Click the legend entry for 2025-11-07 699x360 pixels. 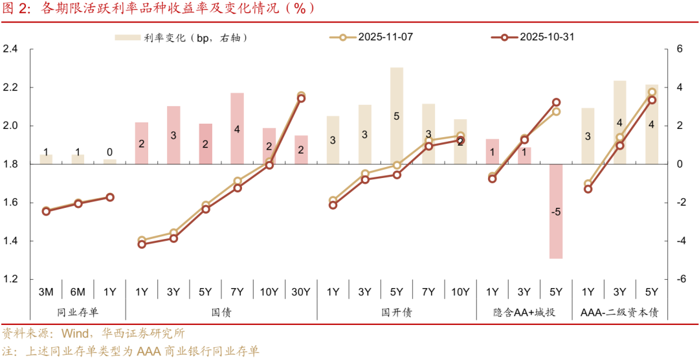(371, 37)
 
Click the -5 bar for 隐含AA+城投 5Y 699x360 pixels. (555, 212)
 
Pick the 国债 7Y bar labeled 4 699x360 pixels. (238, 128)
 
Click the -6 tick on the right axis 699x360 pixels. (681, 280)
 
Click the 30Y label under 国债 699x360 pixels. (301, 292)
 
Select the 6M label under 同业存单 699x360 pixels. (78, 292)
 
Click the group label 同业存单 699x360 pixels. (78, 313)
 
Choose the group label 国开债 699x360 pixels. (397, 313)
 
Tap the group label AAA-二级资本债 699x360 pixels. (619, 313)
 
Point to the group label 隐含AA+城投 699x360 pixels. (524, 313)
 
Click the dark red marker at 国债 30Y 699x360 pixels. (301, 98)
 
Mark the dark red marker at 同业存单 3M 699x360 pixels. (46, 211)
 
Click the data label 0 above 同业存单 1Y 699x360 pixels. (109, 153)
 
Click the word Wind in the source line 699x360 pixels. (77, 334)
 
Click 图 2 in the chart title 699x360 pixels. (14, 8)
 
